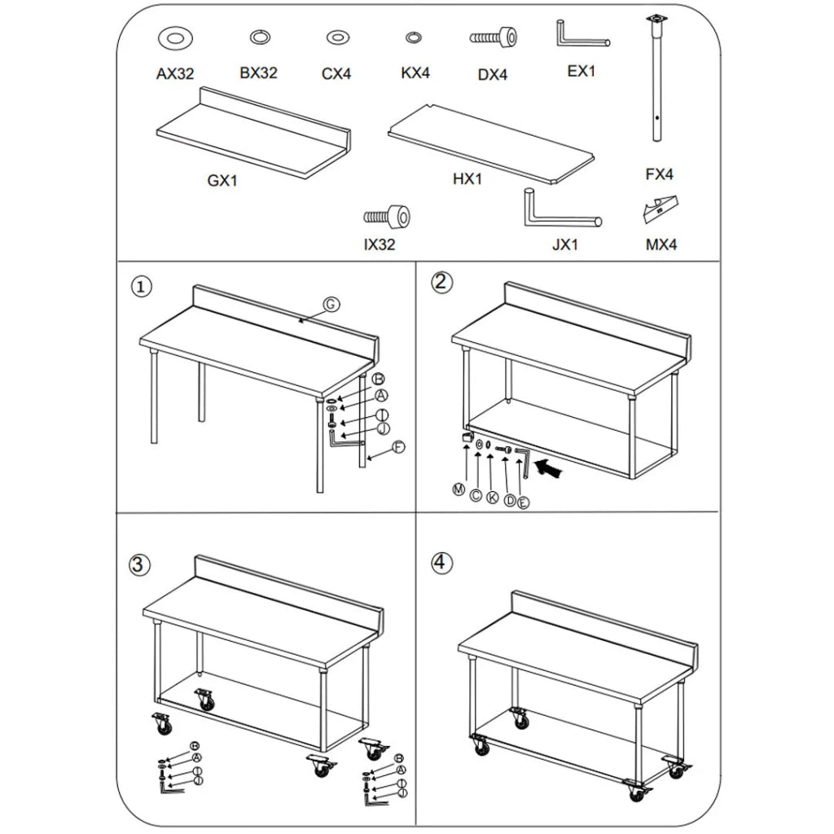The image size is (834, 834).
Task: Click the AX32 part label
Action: (x=175, y=73)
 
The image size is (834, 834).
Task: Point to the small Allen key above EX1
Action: (x=580, y=37)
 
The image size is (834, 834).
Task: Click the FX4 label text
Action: (x=659, y=173)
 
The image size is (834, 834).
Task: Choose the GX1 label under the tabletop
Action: (x=222, y=181)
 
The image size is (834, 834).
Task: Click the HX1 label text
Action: (x=467, y=178)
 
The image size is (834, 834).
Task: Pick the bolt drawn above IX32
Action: (x=387, y=217)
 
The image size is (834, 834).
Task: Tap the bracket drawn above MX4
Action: (x=661, y=208)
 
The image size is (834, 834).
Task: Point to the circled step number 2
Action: (x=441, y=283)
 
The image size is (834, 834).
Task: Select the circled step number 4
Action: (x=441, y=563)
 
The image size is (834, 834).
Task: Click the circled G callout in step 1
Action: (x=330, y=305)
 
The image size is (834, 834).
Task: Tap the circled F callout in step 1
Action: (x=398, y=446)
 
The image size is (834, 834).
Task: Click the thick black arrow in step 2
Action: (x=552, y=468)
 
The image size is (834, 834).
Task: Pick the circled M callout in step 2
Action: (x=459, y=489)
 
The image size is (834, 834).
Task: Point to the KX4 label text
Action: (x=415, y=72)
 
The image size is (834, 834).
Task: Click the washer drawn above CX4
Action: (x=336, y=37)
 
